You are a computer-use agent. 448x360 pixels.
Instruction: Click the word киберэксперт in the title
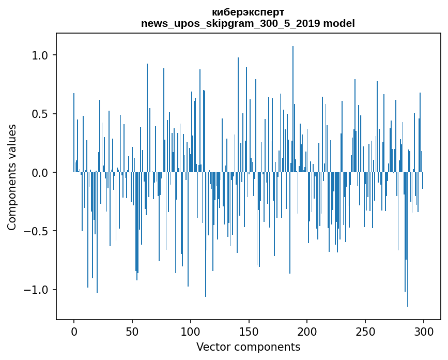pos(248,12)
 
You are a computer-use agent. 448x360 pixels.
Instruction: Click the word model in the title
pos(339,23)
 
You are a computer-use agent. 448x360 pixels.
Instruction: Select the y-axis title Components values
pos(11,177)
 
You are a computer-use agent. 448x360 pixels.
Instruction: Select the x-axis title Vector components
pos(248,347)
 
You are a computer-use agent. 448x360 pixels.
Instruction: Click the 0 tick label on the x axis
pos(74,331)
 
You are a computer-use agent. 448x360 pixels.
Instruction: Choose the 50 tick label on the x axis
pos(132,331)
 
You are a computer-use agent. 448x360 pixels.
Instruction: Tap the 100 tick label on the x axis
pos(191,331)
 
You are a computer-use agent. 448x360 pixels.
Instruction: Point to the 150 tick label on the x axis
pos(249,331)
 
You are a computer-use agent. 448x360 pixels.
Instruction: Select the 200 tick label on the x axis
pos(307,331)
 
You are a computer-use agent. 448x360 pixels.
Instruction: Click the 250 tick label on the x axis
pos(365,331)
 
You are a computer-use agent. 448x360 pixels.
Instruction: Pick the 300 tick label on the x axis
pos(424,331)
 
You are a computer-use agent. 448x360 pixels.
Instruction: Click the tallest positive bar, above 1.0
pos(293,103)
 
